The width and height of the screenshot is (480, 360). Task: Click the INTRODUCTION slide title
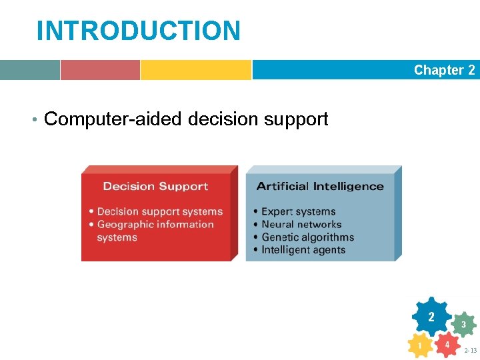pos(138,31)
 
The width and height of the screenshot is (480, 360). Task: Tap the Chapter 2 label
pos(444,70)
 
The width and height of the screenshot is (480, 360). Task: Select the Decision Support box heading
pos(155,187)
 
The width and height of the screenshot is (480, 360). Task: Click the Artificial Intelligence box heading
pos(320,186)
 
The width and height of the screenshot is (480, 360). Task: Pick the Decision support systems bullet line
pos(159,211)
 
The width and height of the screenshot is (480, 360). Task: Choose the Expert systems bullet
pos(298,211)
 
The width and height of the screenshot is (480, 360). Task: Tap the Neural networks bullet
pos(301,224)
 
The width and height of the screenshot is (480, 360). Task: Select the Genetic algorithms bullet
pos(307,237)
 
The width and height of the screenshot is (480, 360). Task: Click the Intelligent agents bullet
pos(303,250)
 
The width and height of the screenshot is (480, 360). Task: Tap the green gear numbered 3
pos(463,325)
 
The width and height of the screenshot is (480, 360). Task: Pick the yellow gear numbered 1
pos(419,346)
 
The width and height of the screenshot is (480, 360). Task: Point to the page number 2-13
pos(470,351)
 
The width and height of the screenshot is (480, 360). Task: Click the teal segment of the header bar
pos(29,70)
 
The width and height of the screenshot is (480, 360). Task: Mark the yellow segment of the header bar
pos(195,70)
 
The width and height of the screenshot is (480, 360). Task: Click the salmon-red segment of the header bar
pos(100,70)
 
